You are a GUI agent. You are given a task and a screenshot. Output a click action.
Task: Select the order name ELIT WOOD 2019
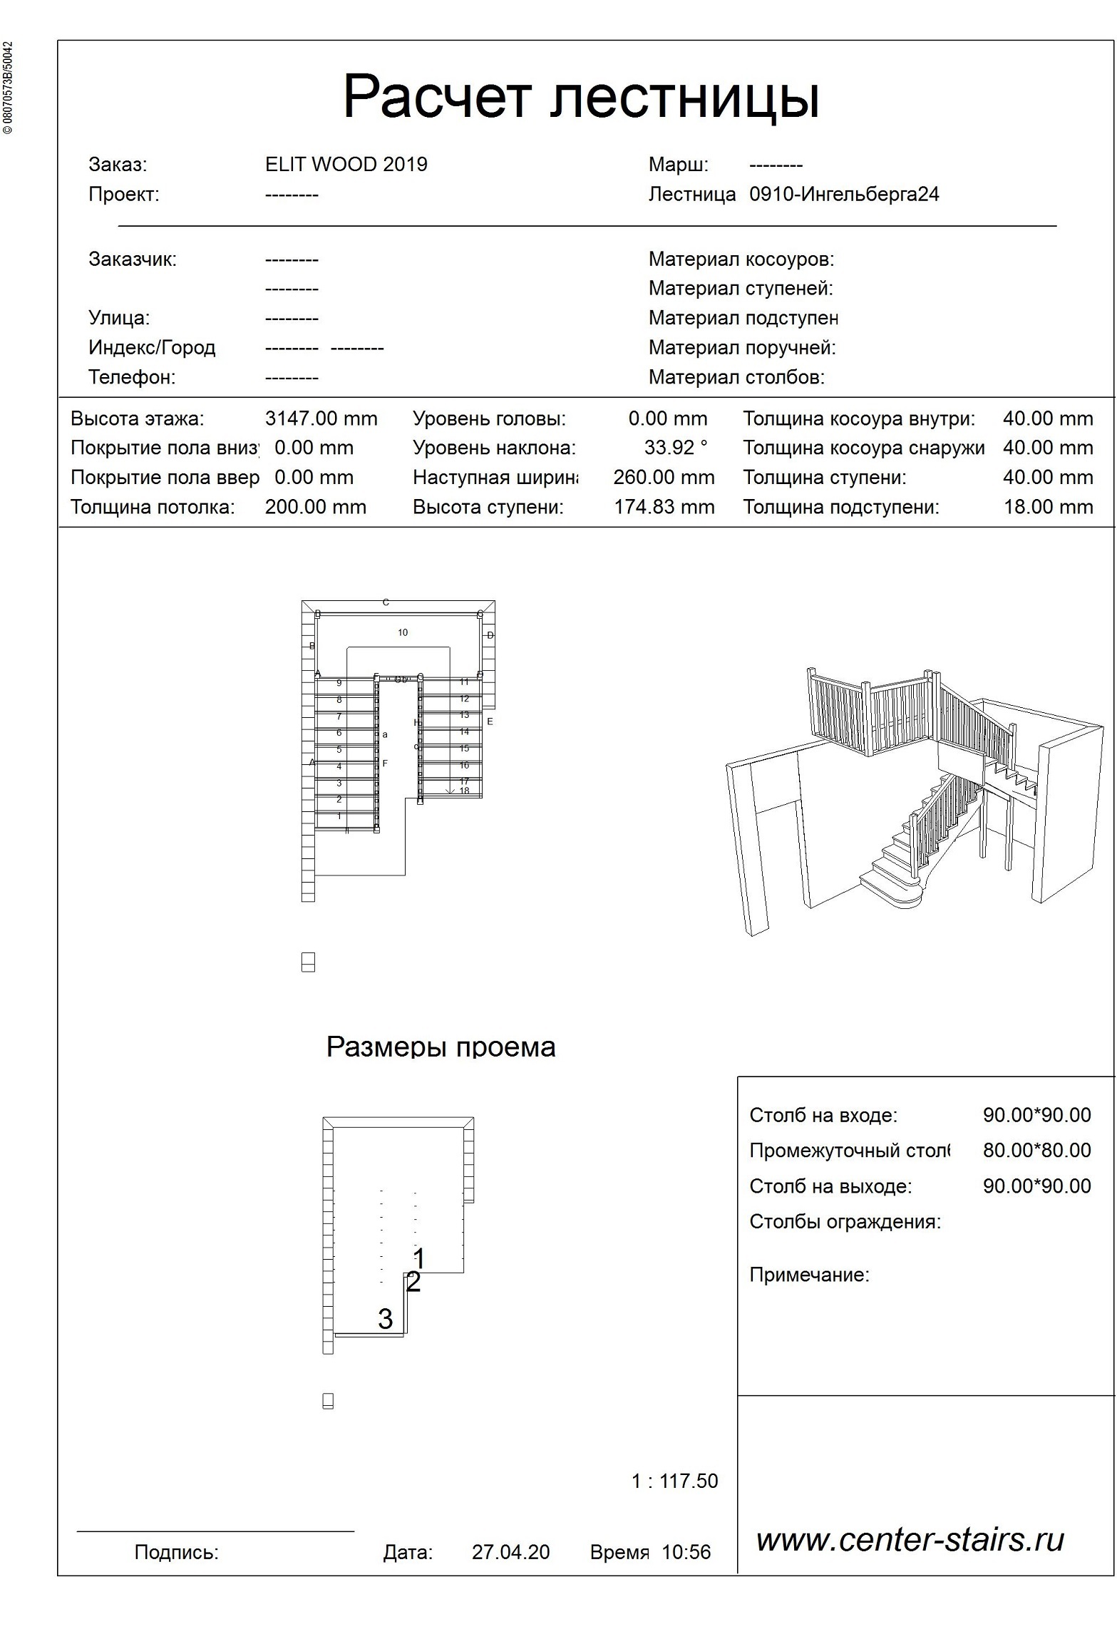[x=346, y=165]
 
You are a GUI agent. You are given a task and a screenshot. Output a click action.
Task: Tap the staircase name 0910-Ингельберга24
[x=844, y=195]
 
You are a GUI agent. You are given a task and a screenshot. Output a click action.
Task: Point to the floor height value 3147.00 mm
[x=321, y=418]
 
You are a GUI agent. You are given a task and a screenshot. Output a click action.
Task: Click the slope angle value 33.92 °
[x=675, y=448]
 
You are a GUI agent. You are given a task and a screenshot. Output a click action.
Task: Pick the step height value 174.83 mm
[x=664, y=507]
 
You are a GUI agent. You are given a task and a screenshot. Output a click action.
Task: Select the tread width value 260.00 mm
[x=664, y=478]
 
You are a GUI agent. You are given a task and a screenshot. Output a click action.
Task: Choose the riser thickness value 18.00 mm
[x=1048, y=507]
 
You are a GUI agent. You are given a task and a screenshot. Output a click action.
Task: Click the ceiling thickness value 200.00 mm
[x=315, y=507]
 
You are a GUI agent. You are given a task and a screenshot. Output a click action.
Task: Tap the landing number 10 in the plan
[x=403, y=632]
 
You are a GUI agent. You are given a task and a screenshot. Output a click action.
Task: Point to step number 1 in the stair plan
[x=339, y=816]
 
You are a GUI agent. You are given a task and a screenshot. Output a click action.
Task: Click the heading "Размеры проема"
[x=441, y=1047]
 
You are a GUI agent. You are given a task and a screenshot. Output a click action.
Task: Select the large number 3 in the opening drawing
[x=385, y=1319]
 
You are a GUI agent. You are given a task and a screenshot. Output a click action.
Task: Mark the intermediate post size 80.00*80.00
[x=1036, y=1150]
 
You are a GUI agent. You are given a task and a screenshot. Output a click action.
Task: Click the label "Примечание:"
[x=809, y=1275]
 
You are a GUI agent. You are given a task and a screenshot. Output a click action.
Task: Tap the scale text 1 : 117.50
[x=674, y=1481]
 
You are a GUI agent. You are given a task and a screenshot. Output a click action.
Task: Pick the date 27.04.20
[x=510, y=1552]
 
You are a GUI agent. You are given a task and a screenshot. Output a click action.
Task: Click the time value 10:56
[x=686, y=1552]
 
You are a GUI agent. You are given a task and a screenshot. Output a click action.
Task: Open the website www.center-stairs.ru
[x=910, y=1540]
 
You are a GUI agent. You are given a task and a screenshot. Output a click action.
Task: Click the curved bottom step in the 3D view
[x=891, y=891]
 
